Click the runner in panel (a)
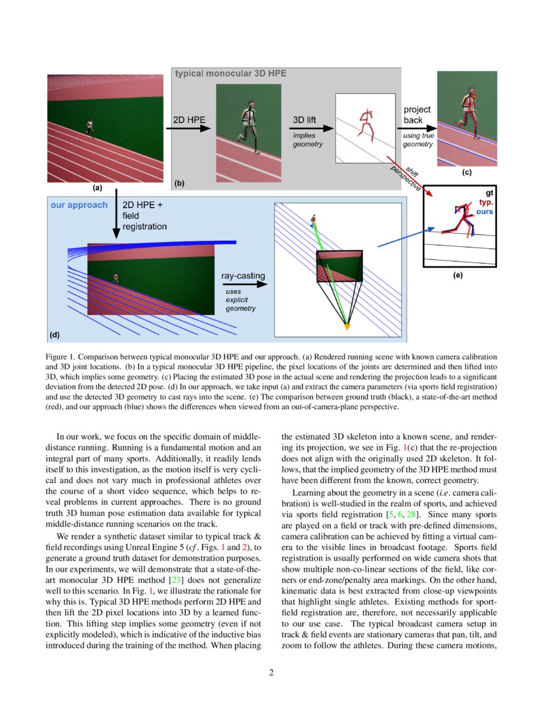tap(89, 128)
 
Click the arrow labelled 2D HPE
tap(190, 129)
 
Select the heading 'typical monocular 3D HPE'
tap(230, 74)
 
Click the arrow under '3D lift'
tap(311, 129)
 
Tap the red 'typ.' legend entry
tap(486, 203)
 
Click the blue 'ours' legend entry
tap(485, 212)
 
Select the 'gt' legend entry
tap(489, 194)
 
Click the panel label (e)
tap(458, 275)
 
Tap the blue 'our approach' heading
tap(79, 205)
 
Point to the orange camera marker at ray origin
tap(347, 326)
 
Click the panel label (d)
tap(55, 335)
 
